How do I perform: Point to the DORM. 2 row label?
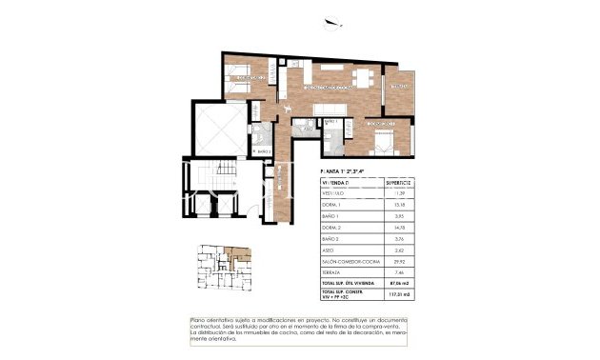point(332,228)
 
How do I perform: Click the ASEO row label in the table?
point(330,250)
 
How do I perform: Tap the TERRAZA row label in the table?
point(333,273)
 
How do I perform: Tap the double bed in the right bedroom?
point(383,143)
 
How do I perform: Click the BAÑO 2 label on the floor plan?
point(264,151)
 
